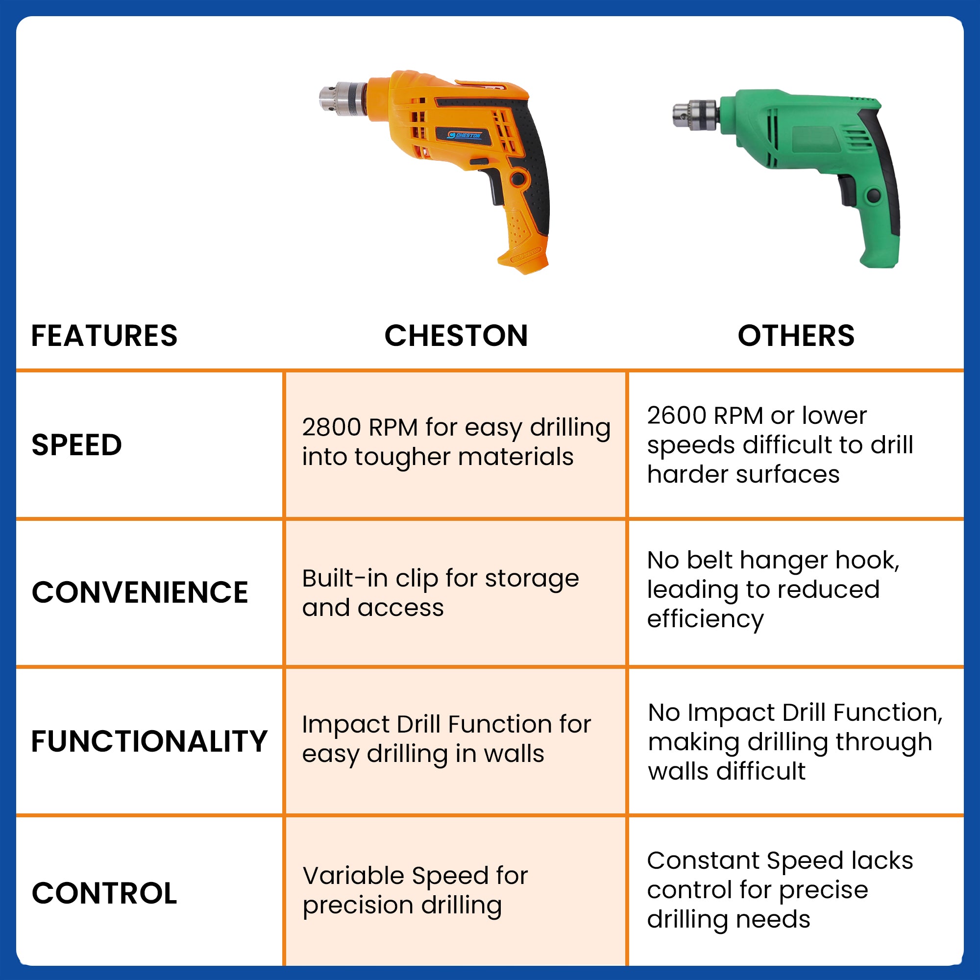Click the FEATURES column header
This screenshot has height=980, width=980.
(x=104, y=336)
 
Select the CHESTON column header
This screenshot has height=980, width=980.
(x=456, y=336)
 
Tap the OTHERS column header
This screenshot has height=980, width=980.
(x=796, y=336)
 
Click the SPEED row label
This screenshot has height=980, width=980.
(x=76, y=445)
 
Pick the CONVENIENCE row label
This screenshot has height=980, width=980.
(x=140, y=592)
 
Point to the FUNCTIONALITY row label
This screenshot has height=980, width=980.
(x=149, y=741)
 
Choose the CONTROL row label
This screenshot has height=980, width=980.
(x=104, y=893)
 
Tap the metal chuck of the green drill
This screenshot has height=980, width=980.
(x=695, y=115)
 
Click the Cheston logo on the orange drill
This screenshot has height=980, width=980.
(x=464, y=135)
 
